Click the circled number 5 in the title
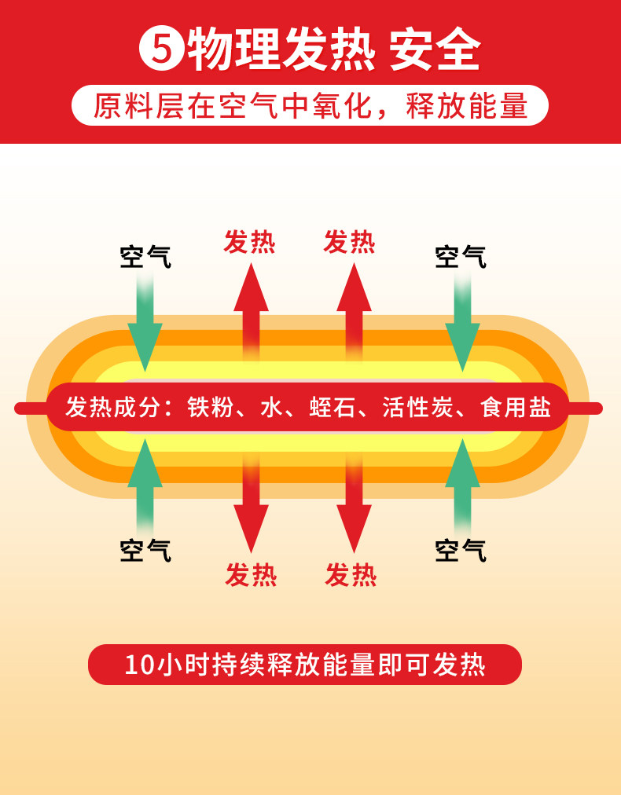point(162,50)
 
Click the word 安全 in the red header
point(435,49)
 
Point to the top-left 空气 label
point(145,256)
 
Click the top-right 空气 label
point(461,256)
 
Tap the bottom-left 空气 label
point(145,550)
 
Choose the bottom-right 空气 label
point(461,550)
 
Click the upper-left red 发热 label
point(250,242)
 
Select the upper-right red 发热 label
point(350,242)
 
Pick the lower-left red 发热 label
point(251,575)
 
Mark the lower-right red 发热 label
point(351,575)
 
